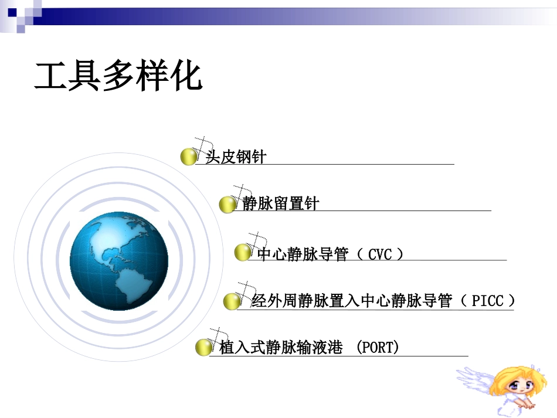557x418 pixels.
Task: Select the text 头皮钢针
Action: [235, 157]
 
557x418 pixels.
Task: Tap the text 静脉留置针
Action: [280, 204]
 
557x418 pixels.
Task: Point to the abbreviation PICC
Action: [487, 301]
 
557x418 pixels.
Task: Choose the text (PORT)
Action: [378, 348]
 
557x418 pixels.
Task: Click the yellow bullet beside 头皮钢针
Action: [188, 157]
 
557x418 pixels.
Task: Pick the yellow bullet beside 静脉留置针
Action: [227, 205]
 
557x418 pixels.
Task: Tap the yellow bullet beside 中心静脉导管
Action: [242, 253]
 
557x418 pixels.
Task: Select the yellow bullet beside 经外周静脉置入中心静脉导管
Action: [232, 301]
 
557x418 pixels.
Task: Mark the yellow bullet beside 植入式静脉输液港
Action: [203, 347]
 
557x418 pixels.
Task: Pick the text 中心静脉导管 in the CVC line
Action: [303, 254]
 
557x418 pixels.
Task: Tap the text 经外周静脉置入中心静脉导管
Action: [352, 301]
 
